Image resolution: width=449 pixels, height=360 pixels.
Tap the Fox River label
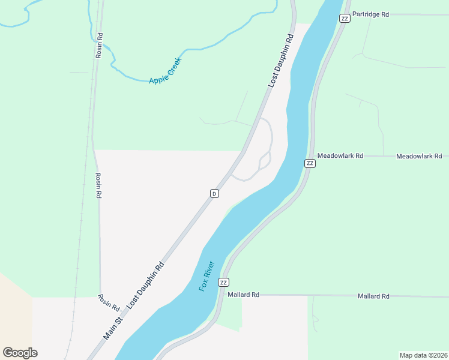click(x=207, y=276)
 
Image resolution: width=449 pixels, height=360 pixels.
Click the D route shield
click(x=214, y=193)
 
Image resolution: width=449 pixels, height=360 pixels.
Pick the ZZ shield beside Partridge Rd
click(x=345, y=18)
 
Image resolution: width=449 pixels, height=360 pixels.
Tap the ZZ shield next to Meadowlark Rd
click(x=310, y=163)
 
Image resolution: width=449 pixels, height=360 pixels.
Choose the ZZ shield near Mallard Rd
click(x=224, y=282)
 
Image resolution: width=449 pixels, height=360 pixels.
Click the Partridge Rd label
click(x=371, y=14)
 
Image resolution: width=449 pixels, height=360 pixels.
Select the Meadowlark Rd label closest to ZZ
click(x=340, y=156)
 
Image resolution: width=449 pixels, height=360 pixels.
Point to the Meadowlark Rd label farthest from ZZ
click(x=419, y=156)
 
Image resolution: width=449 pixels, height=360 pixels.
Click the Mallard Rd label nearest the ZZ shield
click(x=244, y=295)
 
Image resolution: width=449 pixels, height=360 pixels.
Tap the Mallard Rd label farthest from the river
click(x=373, y=296)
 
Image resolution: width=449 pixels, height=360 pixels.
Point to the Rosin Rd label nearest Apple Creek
click(x=99, y=45)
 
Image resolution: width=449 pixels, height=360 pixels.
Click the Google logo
click(x=20, y=353)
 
